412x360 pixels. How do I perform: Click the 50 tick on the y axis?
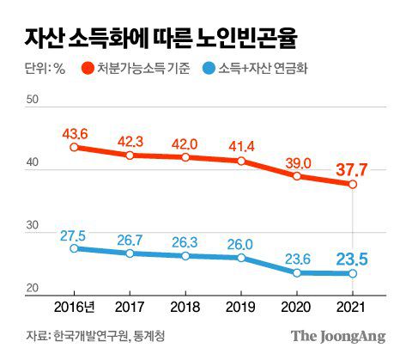tap(33, 101)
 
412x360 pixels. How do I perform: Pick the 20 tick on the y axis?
tap(33, 289)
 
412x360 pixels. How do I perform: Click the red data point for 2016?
tap(74, 147)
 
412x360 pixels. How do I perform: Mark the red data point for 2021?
tap(353, 184)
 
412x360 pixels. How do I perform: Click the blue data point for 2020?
tap(297, 272)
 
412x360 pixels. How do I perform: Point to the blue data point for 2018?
tap(185, 256)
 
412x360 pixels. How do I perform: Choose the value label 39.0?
tap(297, 161)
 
